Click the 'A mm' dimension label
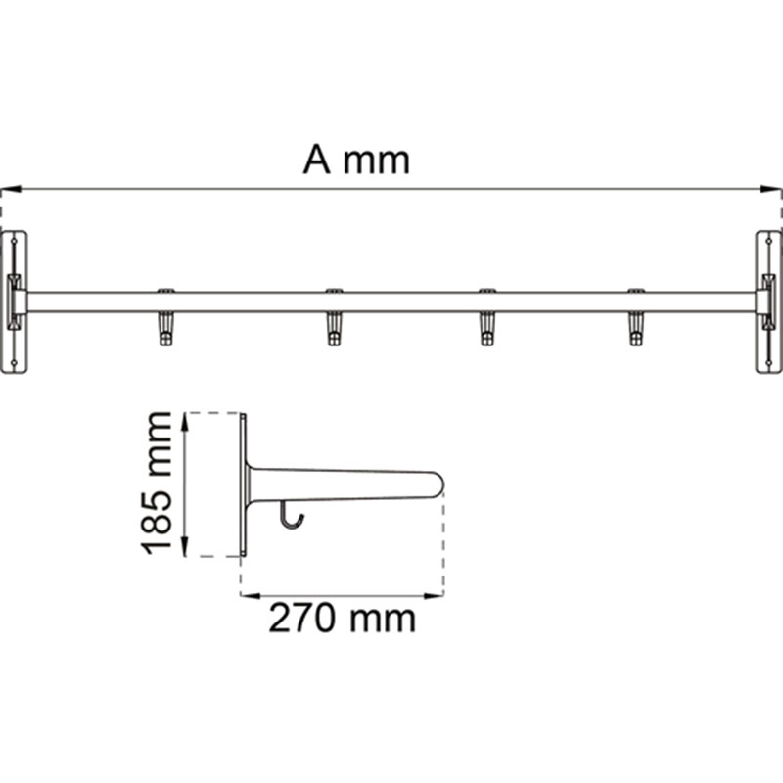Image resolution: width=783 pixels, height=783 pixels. coord(355,160)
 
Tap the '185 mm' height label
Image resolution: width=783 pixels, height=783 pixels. coord(157,484)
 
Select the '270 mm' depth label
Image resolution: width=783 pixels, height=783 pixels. coord(343,619)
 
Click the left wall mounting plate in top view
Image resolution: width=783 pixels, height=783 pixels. coord(14,301)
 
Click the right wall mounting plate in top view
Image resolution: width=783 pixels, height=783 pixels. coord(768,301)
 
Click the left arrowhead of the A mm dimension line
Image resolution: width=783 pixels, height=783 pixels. coord(8,189)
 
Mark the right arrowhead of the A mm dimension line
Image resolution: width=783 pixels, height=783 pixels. coord(774,189)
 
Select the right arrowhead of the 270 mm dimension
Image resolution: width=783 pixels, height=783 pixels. coord(437,594)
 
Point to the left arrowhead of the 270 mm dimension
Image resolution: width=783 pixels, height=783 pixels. coord(249,594)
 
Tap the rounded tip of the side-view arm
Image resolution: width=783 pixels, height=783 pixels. coord(437,482)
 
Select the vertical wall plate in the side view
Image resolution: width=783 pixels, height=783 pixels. coord(244,484)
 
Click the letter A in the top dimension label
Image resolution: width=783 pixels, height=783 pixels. coord(317,160)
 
